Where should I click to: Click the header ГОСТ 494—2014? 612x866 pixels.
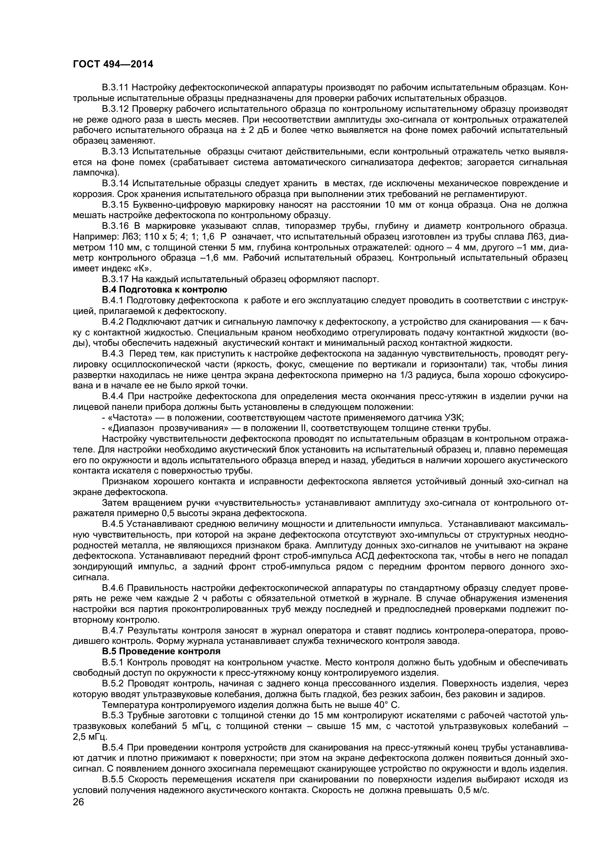(113, 64)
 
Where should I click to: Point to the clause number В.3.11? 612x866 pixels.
(115, 88)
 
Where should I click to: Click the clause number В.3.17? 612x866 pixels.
(115, 280)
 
